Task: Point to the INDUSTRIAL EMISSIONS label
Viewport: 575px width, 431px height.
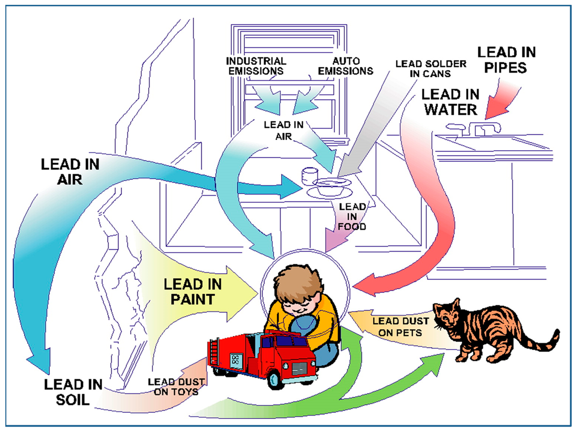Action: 256,66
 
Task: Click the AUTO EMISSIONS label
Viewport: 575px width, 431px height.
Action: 346,66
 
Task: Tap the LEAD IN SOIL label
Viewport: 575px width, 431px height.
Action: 73,392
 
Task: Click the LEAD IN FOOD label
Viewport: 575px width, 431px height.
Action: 352,217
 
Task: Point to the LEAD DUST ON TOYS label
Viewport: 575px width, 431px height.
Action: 176,387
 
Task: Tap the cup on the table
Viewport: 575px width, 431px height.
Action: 309,176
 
